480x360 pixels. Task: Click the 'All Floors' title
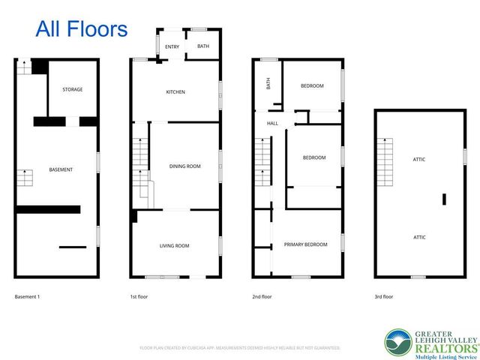point(82,29)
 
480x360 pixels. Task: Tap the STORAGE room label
point(72,89)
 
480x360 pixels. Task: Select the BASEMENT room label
point(61,169)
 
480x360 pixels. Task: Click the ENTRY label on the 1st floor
point(172,46)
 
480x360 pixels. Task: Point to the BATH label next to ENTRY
point(203,46)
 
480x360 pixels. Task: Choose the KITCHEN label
point(175,92)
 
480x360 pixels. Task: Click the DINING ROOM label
point(184,166)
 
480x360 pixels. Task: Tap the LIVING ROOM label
point(174,245)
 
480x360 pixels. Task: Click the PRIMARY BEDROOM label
point(305,244)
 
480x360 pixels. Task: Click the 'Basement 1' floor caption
point(27,297)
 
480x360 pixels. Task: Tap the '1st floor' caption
point(139,297)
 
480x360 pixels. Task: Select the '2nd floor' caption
point(262,297)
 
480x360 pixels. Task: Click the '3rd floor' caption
point(383,297)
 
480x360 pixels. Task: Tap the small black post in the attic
point(444,199)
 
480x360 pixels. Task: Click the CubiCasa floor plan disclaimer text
point(240,348)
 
